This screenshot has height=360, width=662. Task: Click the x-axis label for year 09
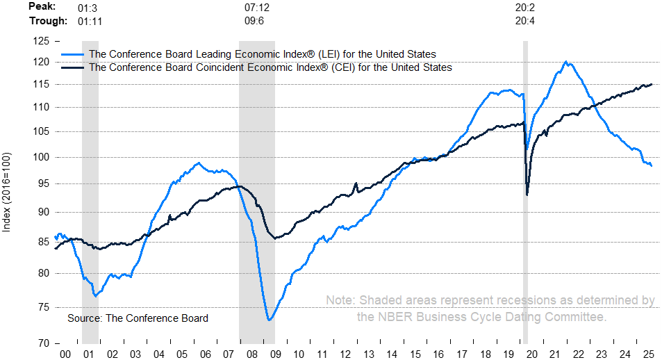(276, 354)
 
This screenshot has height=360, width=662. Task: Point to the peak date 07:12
(258, 8)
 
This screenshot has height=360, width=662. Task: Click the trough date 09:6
(255, 20)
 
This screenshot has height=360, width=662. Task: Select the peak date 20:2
(525, 8)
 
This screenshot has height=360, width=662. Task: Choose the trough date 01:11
(90, 20)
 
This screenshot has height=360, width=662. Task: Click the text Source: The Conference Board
(138, 318)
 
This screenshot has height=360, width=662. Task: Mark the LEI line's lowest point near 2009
(269, 320)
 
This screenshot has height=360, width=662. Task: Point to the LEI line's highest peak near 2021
(566, 62)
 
